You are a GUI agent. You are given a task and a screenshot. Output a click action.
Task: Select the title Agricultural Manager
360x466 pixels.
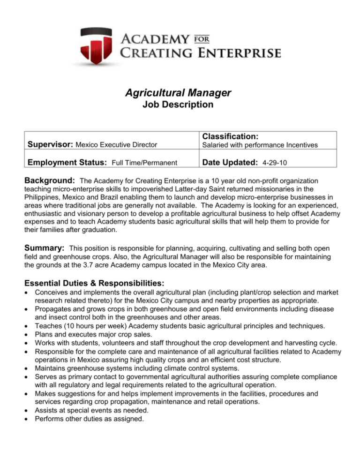180,92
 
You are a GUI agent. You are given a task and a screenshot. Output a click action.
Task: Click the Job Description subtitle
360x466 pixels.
180,105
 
